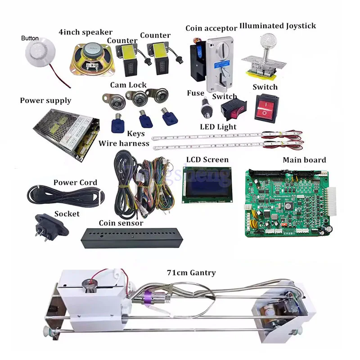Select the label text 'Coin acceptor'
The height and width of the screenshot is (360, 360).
[x=211, y=28]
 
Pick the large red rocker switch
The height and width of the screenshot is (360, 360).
[x=266, y=107]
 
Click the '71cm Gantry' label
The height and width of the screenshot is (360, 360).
[x=191, y=273]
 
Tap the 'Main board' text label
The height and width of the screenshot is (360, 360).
[x=304, y=160]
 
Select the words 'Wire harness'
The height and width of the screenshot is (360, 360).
[x=124, y=144]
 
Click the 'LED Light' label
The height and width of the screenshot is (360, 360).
[x=218, y=127]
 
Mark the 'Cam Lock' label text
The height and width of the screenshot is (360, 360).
[x=128, y=85]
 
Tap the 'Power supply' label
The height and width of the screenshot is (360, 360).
[x=45, y=100]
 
